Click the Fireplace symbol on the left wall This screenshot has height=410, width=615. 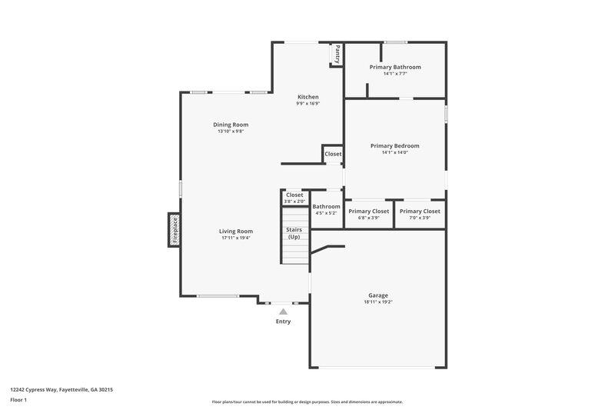click(x=175, y=230)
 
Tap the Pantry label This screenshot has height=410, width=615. click(x=337, y=54)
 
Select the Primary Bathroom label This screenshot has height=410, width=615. click(x=394, y=67)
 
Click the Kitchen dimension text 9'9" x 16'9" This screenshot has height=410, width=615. click(x=308, y=104)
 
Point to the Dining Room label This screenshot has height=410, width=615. click(x=231, y=125)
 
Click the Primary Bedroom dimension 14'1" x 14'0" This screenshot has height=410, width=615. click(x=394, y=152)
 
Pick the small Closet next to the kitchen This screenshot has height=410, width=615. click(x=333, y=154)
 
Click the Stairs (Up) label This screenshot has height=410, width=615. click(x=294, y=233)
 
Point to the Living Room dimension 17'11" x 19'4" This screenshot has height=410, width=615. click(x=236, y=238)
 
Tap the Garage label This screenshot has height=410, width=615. click(x=377, y=295)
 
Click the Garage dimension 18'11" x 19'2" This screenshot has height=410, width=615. click(x=377, y=302)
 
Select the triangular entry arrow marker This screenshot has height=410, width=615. click(x=284, y=312)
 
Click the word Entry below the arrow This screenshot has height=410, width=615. click(x=284, y=322)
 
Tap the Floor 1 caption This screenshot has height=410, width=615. click(x=18, y=401)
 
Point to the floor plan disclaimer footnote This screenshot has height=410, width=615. click(x=307, y=402)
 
